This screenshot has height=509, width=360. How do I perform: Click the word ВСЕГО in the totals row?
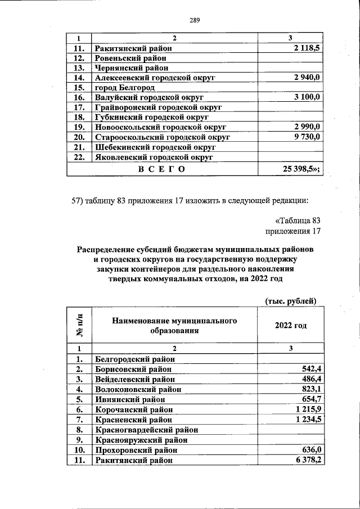point(161,168)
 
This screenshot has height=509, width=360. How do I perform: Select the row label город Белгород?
point(124,88)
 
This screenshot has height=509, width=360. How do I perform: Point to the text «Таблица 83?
point(294,220)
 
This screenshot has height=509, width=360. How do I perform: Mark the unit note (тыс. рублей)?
point(291,301)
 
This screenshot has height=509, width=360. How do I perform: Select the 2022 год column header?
point(291,326)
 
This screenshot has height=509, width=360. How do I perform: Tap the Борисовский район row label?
point(133,370)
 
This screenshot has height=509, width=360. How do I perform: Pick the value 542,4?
point(310,370)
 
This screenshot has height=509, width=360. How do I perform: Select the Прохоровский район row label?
point(136,450)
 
